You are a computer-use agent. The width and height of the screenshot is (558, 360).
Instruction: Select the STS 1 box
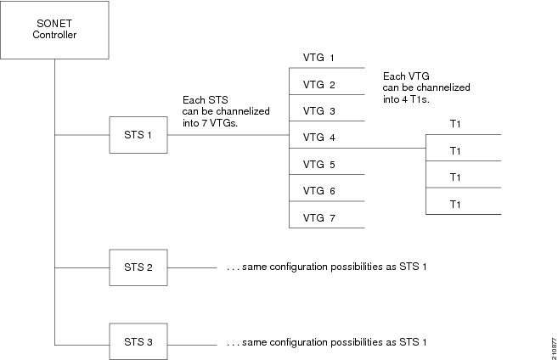tap(138, 136)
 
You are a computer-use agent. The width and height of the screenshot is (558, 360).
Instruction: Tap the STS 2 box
tap(138, 267)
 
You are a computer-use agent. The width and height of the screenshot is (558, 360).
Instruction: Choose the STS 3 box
tap(138, 341)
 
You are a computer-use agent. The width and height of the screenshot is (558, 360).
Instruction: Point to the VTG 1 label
tap(319, 59)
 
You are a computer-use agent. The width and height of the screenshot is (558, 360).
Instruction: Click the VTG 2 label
tap(319, 85)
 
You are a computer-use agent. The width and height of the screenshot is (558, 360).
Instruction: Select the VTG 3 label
tap(319, 111)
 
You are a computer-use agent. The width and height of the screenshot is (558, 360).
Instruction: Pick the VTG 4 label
tap(319, 138)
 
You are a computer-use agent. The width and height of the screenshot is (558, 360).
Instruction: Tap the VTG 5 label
tap(319, 164)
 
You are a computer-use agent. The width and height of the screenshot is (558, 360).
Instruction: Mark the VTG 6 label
tap(319, 191)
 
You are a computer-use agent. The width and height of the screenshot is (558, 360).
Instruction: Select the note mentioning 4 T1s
tap(426, 87)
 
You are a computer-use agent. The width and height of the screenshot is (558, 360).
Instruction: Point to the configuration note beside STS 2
tap(326, 268)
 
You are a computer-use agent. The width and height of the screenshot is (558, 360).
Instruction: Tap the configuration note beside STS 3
tap(326, 342)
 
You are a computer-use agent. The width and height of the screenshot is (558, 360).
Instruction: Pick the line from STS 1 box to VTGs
tap(228, 136)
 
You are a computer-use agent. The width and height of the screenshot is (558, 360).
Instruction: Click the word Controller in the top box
tap(54, 36)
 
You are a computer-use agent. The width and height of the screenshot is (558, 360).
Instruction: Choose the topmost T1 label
tap(455, 124)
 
